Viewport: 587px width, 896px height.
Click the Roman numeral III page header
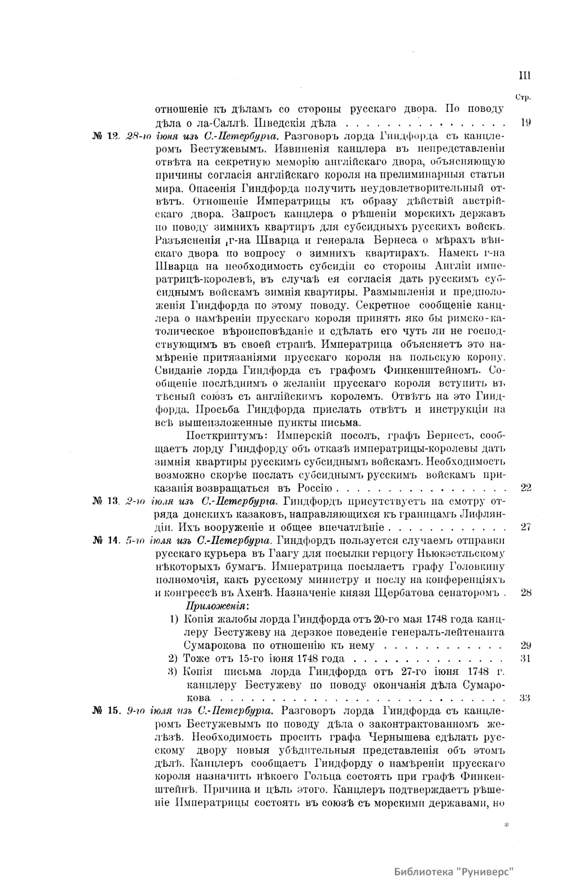coord(524,76)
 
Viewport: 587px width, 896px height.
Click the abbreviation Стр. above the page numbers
coord(523,98)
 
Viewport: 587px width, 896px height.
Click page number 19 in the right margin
coord(526,123)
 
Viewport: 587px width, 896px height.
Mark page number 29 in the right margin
coord(526,645)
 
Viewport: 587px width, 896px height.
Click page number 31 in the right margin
coord(526,658)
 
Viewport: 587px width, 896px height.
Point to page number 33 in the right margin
coord(526,697)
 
